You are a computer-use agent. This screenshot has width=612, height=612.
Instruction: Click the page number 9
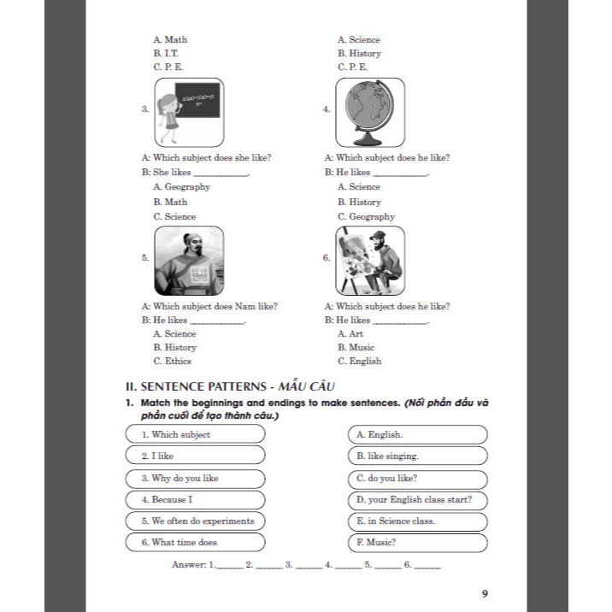[485, 594]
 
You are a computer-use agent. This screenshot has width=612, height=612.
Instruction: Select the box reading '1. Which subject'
[195, 434]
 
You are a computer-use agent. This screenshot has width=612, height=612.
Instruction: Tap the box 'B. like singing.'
[417, 456]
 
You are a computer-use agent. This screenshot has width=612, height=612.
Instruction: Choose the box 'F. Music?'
[417, 543]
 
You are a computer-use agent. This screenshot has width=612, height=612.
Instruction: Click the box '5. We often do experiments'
[195, 521]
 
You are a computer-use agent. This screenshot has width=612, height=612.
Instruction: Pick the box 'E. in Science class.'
[417, 521]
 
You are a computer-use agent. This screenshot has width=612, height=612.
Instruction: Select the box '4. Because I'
[195, 499]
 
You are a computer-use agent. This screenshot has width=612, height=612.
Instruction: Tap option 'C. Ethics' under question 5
[173, 362]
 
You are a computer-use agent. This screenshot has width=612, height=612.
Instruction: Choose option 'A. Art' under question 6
[350, 334]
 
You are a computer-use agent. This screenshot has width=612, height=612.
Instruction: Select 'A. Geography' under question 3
[181, 187]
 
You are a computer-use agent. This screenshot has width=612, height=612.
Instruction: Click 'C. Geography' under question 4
[366, 217]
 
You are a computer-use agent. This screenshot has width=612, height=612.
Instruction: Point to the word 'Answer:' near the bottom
[188, 565]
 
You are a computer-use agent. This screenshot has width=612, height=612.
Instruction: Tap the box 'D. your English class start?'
[417, 499]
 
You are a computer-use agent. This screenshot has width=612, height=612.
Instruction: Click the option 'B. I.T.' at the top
[166, 53]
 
